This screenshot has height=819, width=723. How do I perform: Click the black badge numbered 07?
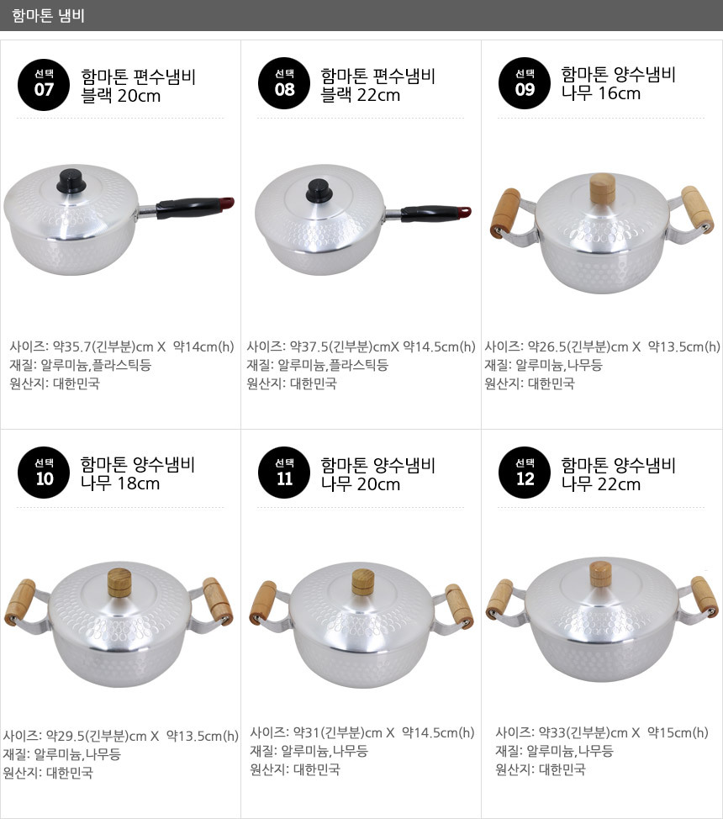[x=44, y=83]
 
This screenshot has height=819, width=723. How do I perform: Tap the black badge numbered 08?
[x=284, y=83]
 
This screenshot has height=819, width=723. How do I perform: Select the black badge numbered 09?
[x=525, y=83]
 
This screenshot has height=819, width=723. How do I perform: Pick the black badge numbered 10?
[x=44, y=473]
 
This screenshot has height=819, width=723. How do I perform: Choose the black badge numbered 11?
[x=284, y=473]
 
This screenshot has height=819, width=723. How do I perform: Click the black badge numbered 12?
[x=525, y=473]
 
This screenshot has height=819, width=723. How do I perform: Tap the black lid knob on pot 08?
[x=319, y=191]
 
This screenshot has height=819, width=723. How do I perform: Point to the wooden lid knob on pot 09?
[x=603, y=189]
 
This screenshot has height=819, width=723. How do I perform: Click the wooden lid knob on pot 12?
[x=601, y=575]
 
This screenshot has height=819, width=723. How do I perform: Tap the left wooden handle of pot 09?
[x=505, y=213]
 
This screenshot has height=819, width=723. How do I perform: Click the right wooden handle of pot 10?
[x=218, y=600]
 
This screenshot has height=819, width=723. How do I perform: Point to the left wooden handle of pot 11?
[x=263, y=602]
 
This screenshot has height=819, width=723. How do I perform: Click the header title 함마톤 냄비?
[x=48, y=15]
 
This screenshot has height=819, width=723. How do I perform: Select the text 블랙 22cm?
[x=361, y=95]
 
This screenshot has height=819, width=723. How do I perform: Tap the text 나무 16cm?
[x=601, y=93]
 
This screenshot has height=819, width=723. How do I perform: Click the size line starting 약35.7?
[x=122, y=346]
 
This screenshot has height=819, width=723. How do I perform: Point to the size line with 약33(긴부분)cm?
[x=602, y=733]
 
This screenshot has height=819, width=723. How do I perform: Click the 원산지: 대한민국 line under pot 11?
[x=295, y=769]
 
